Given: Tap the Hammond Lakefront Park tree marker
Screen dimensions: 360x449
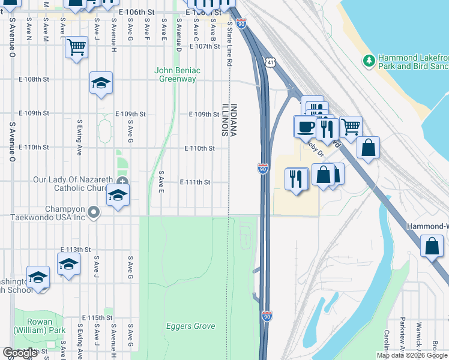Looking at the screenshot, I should click(x=369, y=60).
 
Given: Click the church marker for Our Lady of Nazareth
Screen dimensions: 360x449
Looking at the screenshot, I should click(x=122, y=181).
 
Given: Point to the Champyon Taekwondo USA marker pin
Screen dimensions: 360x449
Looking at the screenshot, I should click(x=93, y=212).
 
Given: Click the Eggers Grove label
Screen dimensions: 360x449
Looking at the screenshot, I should click(x=190, y=326).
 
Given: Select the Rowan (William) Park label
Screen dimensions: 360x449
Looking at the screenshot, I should click(x=40, y=330).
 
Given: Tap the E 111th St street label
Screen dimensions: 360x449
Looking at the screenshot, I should click(x=195, y=182).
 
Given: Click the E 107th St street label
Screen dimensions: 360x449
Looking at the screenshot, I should click(x=205, y=46).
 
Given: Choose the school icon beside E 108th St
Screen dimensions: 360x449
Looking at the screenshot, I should click(x=101, y=83).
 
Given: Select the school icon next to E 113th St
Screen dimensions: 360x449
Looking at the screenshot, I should click(x=68, y=264).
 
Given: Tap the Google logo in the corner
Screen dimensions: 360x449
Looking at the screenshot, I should click(x=20, y=353).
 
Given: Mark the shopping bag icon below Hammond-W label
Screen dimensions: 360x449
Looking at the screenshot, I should click(x=432, y=247).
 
